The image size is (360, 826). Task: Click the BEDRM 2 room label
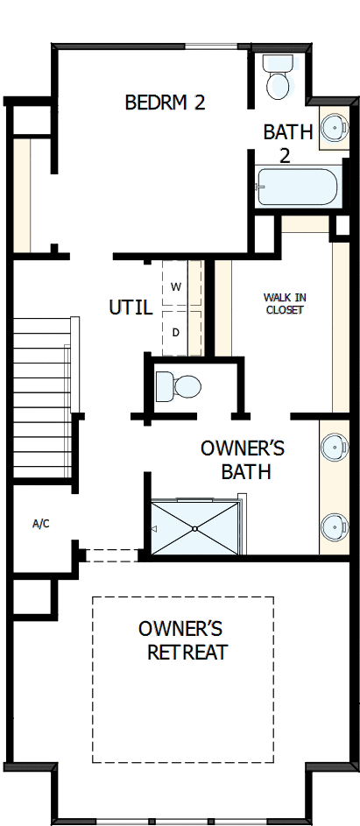(165, 102)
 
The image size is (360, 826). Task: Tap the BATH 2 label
(288, 143)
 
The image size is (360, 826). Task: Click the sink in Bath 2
(333, 128)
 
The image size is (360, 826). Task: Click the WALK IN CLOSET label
(284, 304)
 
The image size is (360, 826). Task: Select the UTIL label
(131, 308)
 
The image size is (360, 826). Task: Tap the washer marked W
(176, 286)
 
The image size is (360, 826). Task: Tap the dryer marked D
(176, 332)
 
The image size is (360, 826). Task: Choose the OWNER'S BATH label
(244, 460)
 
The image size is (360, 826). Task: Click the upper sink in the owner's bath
(334, 447)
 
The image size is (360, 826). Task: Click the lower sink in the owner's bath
(334, 526)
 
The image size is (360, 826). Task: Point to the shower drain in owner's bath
(194, 529)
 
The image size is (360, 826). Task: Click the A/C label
(40, 524)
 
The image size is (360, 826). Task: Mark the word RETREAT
(187, 653)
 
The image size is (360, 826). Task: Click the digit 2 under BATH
(285, 156)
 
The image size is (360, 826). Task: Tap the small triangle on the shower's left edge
(155, 529)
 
